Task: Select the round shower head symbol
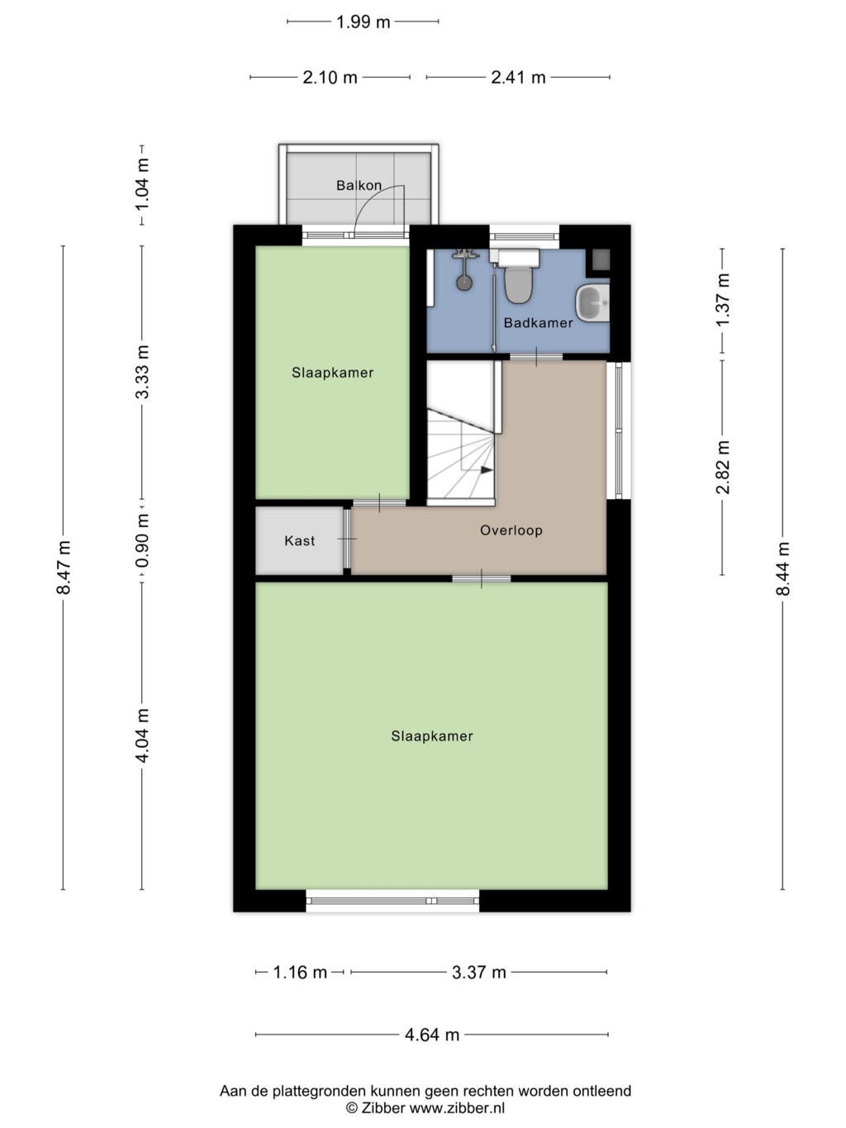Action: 464,282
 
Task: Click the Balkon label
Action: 359,185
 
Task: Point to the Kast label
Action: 299,540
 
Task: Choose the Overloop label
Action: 511,531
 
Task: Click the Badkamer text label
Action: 539,323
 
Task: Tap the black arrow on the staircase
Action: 487,469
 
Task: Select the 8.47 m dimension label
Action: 63,568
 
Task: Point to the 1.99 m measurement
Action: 364,22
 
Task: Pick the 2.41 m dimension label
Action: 518,78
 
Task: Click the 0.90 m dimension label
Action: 142,540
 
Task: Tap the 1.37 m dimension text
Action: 723,300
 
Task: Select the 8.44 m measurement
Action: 783,569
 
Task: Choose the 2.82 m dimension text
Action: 723,467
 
